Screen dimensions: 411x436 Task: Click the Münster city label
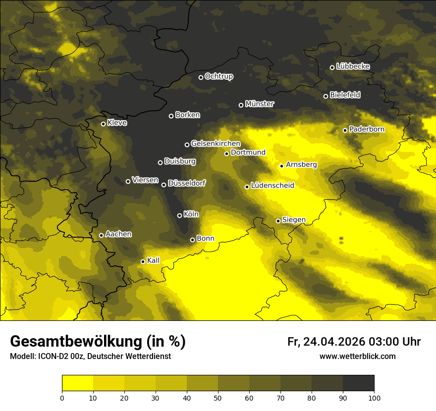259,104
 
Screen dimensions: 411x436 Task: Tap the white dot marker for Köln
179,215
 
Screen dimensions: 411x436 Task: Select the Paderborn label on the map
367,129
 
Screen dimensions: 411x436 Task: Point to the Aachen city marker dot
101,235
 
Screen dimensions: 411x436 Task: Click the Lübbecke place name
353,66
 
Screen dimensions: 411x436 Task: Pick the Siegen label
294,220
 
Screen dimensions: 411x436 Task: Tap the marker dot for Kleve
103,124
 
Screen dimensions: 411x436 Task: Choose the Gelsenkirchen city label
216,144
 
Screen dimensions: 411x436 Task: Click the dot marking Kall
143,261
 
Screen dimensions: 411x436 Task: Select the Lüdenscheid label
272,186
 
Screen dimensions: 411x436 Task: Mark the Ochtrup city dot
201,77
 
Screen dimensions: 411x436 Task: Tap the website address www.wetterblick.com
357,356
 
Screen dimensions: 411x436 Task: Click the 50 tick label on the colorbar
218,397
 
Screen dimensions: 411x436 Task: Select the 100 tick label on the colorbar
374,397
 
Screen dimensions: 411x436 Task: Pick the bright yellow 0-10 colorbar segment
77,383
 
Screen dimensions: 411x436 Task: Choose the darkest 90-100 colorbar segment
358,383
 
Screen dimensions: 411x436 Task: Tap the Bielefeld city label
345,95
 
